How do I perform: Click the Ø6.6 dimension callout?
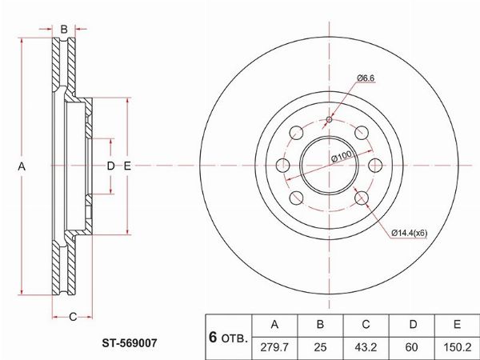[366, 78]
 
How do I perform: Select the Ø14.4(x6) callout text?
[410, 233]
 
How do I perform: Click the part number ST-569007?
[130, 343]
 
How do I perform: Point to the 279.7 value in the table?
[274, 347]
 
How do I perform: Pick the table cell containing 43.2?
[366, 347]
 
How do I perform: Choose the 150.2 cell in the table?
[458, 347]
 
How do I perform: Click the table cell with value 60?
[412, 347]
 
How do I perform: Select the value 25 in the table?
[320, 347]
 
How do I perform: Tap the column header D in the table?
[412, 325]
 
